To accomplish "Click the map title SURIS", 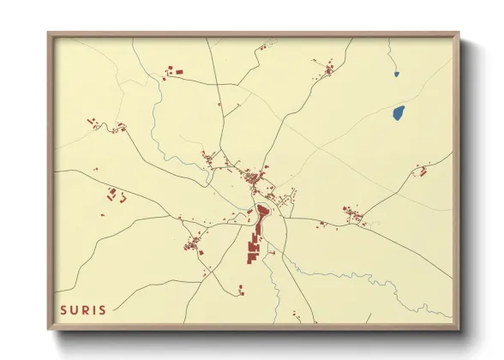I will click(82, 309).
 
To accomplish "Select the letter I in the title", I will click(93, 309).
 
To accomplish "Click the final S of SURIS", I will click(103, 309).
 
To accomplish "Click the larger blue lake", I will click(398, 112).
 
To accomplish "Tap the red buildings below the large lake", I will click(421, 171).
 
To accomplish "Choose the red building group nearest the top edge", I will click(174, 71).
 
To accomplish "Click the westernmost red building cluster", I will click(92, 123).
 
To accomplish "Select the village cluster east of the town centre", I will click(352, 214).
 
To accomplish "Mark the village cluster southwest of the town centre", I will click(192, 248).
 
